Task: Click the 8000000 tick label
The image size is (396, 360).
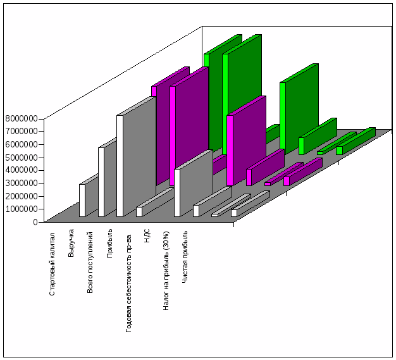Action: click(x=21, y=118)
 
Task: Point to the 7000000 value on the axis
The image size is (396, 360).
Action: click(x=21, y=131)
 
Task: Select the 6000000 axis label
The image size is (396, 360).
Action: click(x=21, y=144)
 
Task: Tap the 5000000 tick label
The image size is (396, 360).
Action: click(x=21, y=157)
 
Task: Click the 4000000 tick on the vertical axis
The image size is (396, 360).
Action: click(x=21, y=170)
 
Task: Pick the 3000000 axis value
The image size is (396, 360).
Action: click(x=21, y=183)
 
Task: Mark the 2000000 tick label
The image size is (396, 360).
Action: click(x=21, y=196)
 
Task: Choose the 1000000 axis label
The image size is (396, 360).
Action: click(x=21, y=209)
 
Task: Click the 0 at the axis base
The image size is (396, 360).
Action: click(x=35, y=221)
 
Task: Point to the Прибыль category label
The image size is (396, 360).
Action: click(x=109, y=245)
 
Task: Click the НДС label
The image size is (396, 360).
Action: click(x=147, y=242)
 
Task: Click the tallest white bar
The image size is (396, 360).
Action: click(x=120, y=166)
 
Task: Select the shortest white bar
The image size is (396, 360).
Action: click(x=215, y=215)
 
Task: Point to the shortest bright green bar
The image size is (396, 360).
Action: click(x=320, y=152)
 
